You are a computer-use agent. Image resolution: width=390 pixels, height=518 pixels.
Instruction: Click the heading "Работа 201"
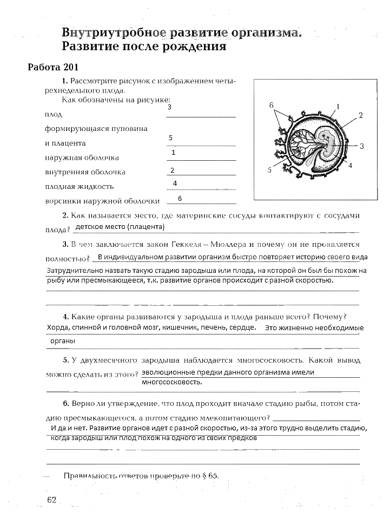pyautogui.click(x=53, y=68)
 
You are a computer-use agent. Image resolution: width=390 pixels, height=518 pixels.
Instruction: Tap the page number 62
pyautogui.click(x=52, y=499)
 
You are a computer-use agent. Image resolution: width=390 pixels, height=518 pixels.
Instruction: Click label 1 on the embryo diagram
pyautogui.click(x=338, y=106)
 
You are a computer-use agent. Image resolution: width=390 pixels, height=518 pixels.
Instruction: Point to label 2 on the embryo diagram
pyautogui.click(x=360, y=115)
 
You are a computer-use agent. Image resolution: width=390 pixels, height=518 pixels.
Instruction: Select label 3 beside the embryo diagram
pyautogui.click(x=361, y=146)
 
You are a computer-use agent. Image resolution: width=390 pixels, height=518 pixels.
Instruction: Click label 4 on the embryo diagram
pyautogui.click(x=350, y=166)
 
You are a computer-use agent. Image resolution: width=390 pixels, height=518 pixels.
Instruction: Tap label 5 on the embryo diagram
pyautogui.click(x=269, y=170)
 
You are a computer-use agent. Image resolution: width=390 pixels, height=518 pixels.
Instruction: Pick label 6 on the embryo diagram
pyautogui.click(x=272, y=105)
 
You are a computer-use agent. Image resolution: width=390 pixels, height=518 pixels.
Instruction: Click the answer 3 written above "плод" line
pyautogui.click(x=169, y=107)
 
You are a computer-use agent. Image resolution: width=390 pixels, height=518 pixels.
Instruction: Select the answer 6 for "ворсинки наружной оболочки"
pyautogui.click(x=179, y=198)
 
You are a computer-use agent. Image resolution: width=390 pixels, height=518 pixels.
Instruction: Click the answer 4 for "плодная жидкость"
pyautogui.click(x=175, y=183)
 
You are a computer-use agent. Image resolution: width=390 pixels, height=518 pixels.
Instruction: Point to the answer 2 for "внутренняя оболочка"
pyautogui.click(x=172, y=170)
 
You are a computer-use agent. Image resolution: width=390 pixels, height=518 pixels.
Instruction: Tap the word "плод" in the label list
pyautogui.click(x=53, y=115)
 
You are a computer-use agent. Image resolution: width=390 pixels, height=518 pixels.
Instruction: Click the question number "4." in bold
pyautogui.click(x=65, y=317)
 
